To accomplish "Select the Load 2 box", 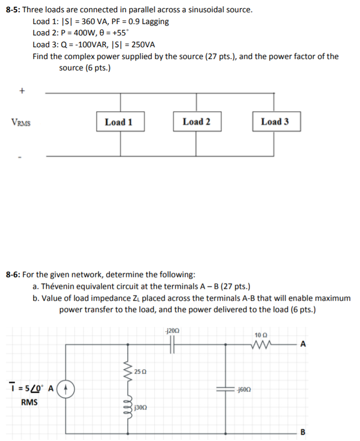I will (196, 122).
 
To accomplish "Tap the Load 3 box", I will (275, 122).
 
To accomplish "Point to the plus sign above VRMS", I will (21, 91).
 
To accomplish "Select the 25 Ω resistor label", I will (139, 370).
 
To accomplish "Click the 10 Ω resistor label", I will (261, 335).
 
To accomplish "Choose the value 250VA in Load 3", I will (140, 45).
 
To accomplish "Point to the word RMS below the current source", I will (29, 402).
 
